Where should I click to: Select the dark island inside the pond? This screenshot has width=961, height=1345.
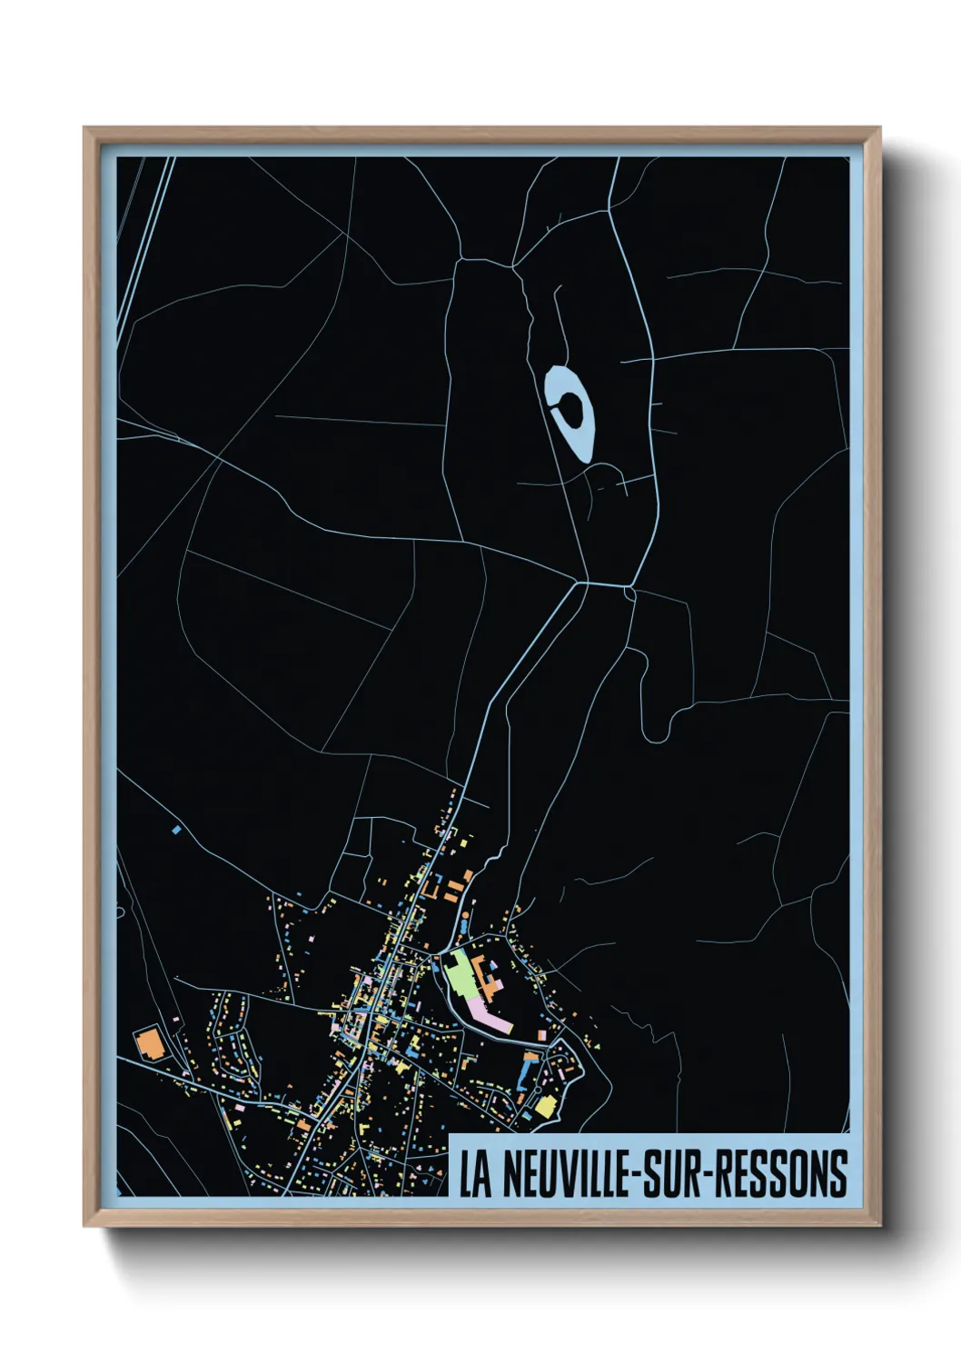tap(570, 409)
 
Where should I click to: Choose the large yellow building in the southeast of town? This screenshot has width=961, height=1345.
tap(545, 1106)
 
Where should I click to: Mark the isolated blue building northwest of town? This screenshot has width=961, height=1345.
tap(175, 830)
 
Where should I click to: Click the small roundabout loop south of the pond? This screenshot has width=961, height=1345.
tap(629, 593)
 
